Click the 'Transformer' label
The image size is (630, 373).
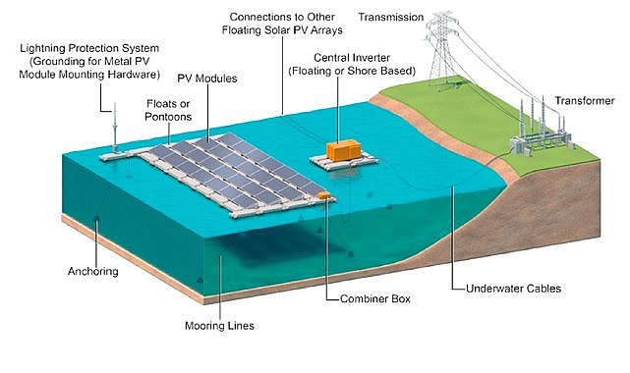[x=585, y=101]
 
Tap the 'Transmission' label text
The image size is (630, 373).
[x=391, y=18]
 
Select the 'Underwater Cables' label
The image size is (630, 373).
[x=513, y=289]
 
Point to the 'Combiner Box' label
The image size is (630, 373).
[x=375, y=298]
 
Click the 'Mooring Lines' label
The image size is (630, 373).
[x=219, y=325]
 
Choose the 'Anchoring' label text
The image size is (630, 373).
[x=92, y=272]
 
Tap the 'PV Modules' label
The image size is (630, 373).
[x=207, y=79]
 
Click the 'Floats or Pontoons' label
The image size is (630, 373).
[x=168, y=110]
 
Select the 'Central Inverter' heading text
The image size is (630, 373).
[x=352, y=58]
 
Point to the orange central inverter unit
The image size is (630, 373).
[x=343, y=149]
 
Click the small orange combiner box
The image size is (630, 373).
[x=323, y=195]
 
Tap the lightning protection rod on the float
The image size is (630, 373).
[x=115, y=128]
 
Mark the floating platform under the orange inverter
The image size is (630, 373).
[x=344, y=161]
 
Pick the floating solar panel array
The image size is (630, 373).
[x=237, y=175]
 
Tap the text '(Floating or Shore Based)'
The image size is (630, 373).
[x=352, y=71]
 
